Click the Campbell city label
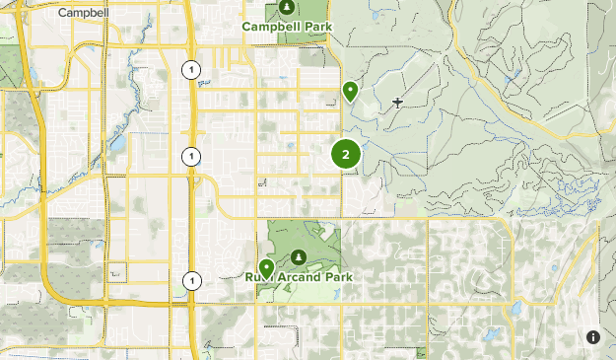83,13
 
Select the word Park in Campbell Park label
317,27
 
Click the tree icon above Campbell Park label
287,8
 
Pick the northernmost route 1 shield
190,69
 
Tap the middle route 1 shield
190,156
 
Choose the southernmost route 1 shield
190,281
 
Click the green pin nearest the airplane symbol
350,92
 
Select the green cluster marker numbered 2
346,154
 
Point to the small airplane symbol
397,102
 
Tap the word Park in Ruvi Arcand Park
336,277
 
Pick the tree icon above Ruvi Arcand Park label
298,257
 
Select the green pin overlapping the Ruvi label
266,268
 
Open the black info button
593,337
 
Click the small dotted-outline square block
118,271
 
